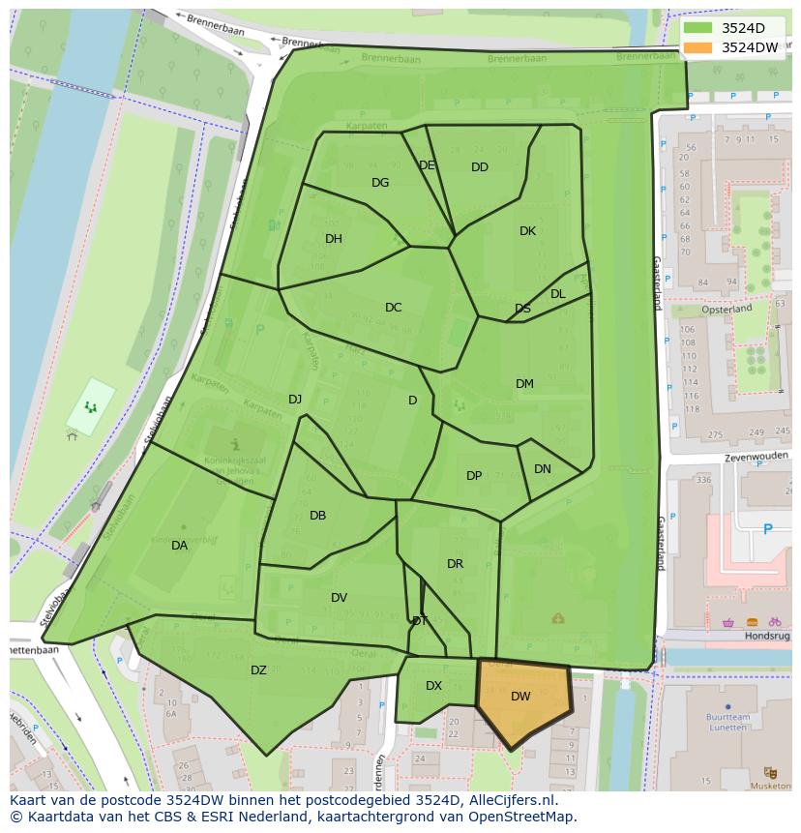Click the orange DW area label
point(520,697)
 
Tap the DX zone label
point(433,686)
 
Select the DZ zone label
point(258,670)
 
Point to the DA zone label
point(179,546)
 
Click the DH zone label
point(333,239)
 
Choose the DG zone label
point(380,183)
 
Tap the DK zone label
point(527,231)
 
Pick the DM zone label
point(524,384)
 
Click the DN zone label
point(543,469)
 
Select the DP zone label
point(474,476)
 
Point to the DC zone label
point(393,308)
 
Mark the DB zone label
point(317,516)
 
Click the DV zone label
point(339,598)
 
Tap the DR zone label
point(455,564)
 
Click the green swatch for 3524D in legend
point(697,28)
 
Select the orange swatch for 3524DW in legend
point(697,47)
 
